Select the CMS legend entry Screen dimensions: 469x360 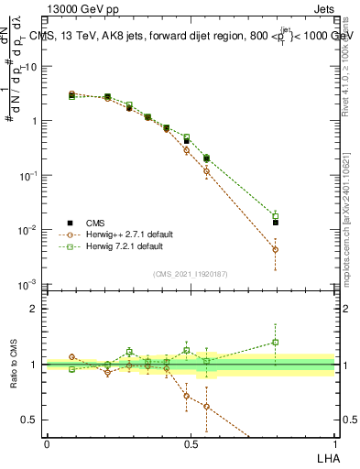point(95,223)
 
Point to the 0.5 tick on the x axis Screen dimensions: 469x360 point(191,443)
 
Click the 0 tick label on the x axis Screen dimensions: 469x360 point(47,443)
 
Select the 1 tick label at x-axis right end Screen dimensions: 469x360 point(333,443)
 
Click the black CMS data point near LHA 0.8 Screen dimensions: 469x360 point(276,222)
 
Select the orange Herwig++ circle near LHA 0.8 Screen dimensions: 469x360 point(276,249)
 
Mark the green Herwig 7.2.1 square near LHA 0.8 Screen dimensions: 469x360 point(276,216)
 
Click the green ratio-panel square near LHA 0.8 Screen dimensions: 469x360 point(276,343)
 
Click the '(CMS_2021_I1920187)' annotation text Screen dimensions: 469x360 point(190,273)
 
